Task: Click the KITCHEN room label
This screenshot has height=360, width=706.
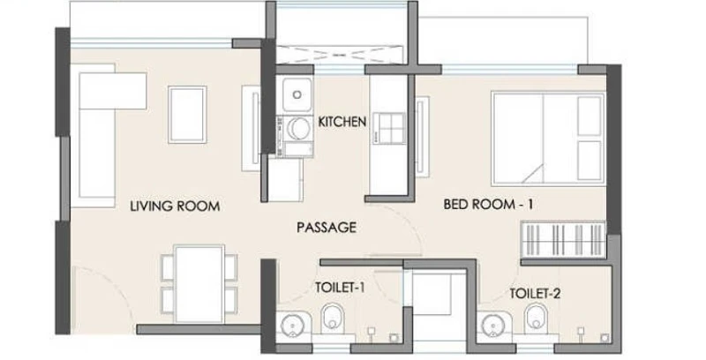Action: point(342,122)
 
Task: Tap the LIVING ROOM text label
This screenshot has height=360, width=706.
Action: point(175,206)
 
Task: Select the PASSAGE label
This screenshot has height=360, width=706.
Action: point(327,228)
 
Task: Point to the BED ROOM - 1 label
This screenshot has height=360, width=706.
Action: point(488,205)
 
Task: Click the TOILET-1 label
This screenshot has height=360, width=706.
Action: point(340,288)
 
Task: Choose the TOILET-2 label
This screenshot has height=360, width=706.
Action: point(535,294)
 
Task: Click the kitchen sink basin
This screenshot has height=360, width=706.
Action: point(297,94)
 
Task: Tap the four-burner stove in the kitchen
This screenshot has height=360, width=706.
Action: point(388,128)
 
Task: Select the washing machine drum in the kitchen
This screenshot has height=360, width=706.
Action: point(298,129)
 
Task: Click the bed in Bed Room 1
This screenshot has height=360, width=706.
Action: point(548,139)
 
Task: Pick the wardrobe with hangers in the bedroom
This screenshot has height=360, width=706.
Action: point(563,239)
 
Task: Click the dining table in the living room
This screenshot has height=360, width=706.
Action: point(199,283)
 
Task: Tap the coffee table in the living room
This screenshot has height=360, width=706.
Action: point(187,115)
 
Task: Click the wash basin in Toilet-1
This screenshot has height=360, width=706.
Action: point(292,325)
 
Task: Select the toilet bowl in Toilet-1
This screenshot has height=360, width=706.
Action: point(333,318)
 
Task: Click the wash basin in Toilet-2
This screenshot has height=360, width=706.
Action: point(494,325)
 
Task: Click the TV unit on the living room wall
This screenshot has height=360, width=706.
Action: point(252,128)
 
